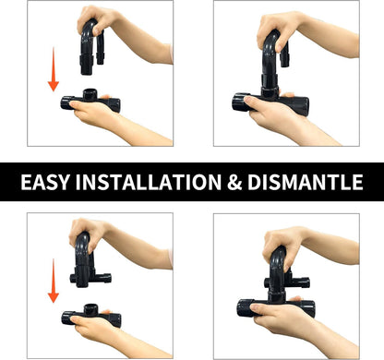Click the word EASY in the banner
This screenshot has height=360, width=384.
[x=45, y=182]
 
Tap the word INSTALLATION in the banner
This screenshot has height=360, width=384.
[x=149, y=182]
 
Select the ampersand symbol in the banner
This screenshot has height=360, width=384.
[x=234, y=182]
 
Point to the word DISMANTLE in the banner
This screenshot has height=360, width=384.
[x=306, y=182]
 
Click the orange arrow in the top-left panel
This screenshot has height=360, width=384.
[x=54, y=69]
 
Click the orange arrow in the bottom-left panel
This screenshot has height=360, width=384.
[x=54, y=281]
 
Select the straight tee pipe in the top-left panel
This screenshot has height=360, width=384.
[x=90, y=101]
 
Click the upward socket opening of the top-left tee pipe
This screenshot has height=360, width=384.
[x=90, y=91]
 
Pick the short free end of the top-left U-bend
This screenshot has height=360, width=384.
[x=101, y=58]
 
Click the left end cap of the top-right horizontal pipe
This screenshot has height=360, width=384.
[x=238, y=102]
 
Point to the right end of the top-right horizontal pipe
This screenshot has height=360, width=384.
[x=303, y=106]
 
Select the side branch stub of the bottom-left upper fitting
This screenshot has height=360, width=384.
[x=103, y=278]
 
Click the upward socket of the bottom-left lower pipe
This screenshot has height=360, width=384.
[x=90, y=307]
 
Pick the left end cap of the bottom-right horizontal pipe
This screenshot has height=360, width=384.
[x=244, y=308]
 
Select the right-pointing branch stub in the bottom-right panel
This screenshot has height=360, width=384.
[x=300, y=282]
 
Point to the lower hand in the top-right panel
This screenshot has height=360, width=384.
[x=286, y=120]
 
